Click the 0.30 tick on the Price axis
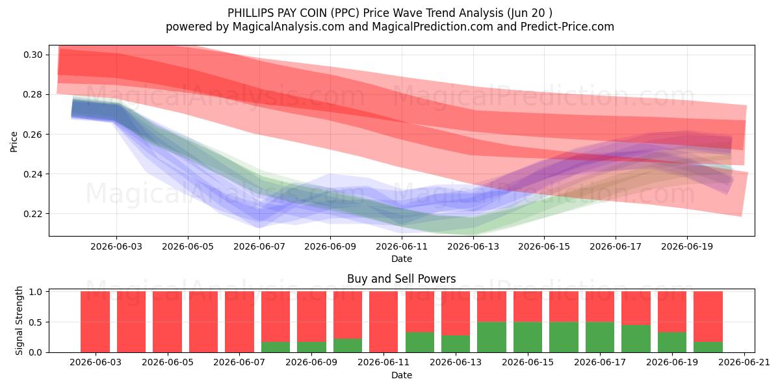(x=33, y=55)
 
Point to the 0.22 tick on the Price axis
(x=33, y=214)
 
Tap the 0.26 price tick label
(x=33, y=135)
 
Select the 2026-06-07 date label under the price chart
(x=259, y=246)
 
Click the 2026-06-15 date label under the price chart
(x=544, y=246)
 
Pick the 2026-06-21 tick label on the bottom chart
(x=744, y=363)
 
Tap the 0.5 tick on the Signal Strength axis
(x=35, y=322)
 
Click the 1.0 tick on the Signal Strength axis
(x=35, y=292)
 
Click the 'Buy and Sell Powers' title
(x=402, y=279)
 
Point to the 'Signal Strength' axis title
(x=19, y=320)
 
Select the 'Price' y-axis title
(x=14, y=142)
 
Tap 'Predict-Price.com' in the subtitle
(x=567, y=27)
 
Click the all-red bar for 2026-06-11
(x=383, y=322)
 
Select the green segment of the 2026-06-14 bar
(x=491, y=337)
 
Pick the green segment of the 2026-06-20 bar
(x=708, y=347)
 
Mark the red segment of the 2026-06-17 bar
(x=600, y=307)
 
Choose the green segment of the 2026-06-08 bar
(x=276, y=347)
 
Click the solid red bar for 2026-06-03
(x=95, y=322)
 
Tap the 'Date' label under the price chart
(x=402, y=259)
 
